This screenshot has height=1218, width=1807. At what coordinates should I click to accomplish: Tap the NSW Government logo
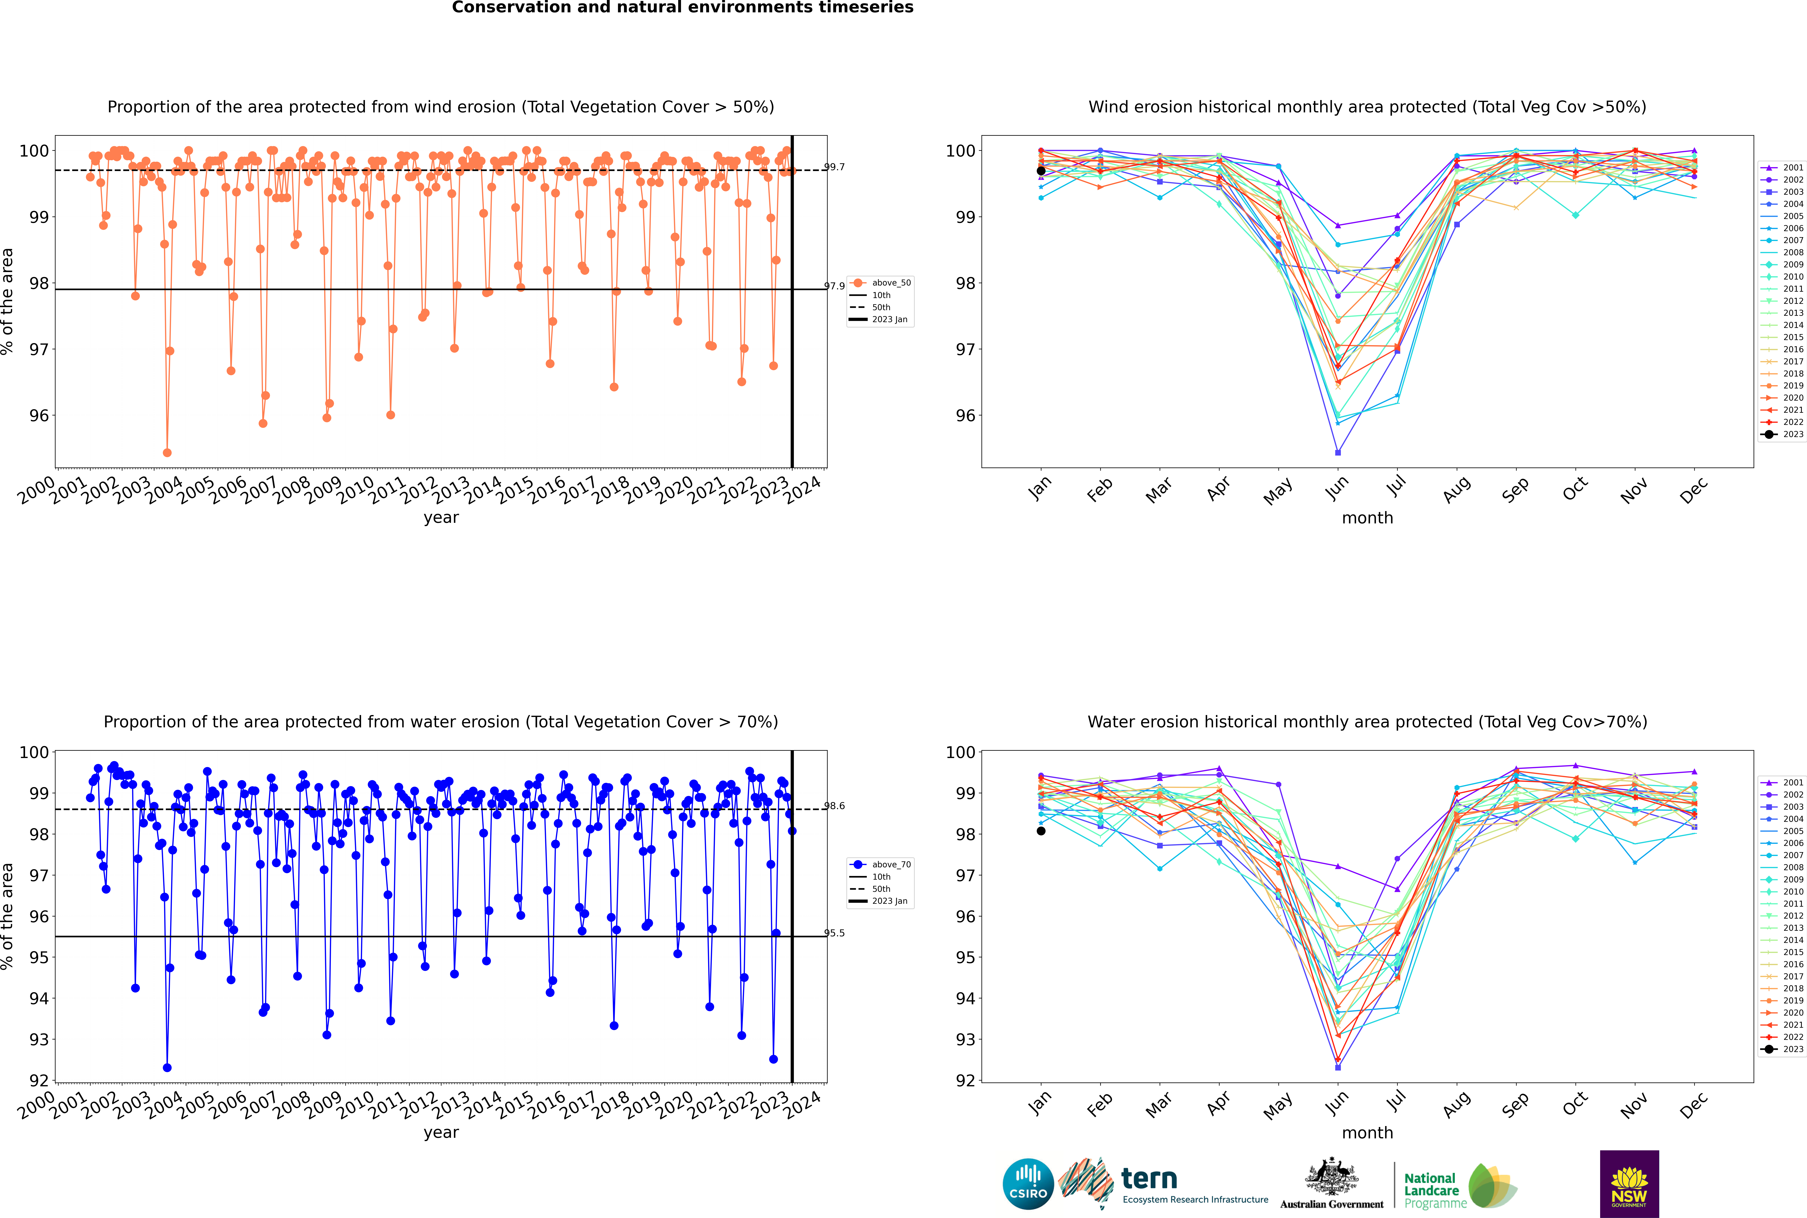[x=1629, y=1183]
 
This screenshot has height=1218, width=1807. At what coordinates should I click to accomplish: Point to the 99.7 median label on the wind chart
[x=834, y=167]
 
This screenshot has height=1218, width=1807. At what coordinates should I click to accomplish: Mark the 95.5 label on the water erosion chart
[x=834, y=933]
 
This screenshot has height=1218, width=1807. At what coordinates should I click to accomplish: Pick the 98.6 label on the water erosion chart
[x=834, y=805]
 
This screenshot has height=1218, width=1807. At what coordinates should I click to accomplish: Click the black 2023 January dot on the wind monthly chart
[x=1041, y=171]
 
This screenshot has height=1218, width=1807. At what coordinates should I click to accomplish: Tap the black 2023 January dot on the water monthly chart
[x=1041, y=831]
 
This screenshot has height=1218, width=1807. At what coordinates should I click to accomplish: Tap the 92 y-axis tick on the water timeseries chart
[x=39, y=1081]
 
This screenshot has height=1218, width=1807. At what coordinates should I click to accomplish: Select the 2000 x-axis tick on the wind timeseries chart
[x=37, y=491]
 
